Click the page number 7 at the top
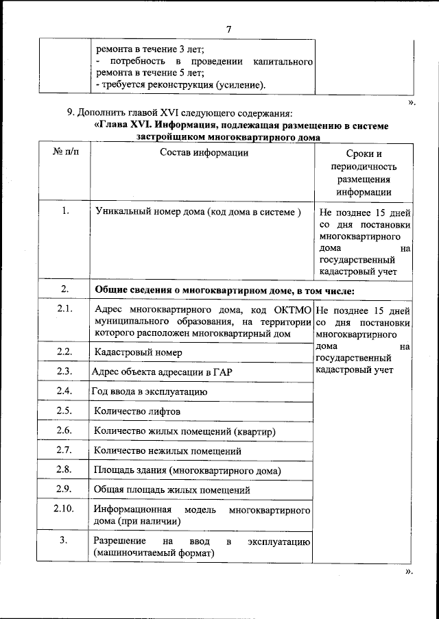coord(229,29)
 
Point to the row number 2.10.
coord(64,509)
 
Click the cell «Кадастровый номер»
coord(139,352)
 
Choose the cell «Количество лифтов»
coord(137,411)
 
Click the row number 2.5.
coord(65,411)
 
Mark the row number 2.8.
coord(65,470)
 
